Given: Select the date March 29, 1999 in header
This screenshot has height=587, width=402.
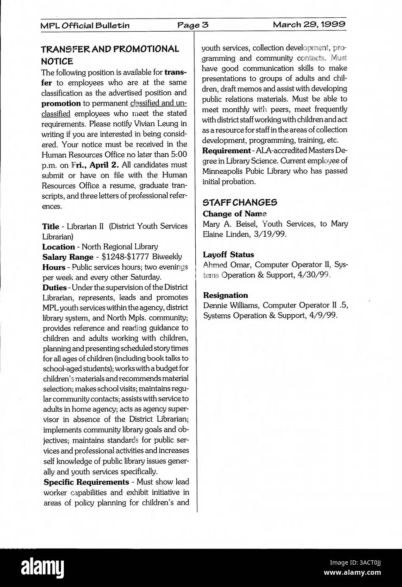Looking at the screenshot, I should pyautogui.click(x=309, y=24).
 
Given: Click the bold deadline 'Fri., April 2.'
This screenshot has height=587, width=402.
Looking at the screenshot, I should pyautogui.click(x=95, y=165).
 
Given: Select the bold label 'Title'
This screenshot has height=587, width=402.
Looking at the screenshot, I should pyautogui.click(x=50, y=226).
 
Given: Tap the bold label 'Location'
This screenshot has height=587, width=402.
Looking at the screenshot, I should pyautogui.click(x=58, y=247).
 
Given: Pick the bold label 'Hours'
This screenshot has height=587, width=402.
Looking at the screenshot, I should pyautogui.click(x=53, y=267).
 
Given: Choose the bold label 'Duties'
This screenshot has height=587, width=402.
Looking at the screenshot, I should pyautogui.click(x=55, y=288).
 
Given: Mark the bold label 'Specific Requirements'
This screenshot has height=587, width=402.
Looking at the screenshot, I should pyautogui.click(x=86, y=482).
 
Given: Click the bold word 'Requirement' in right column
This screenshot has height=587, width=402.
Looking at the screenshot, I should pyautogui.click(x=227, y=151).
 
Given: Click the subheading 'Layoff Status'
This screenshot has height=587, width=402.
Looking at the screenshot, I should pyautogui.click(x=228, y=255).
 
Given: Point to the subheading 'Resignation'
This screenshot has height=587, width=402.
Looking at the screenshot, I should pyautogui.click(x=225, y=295).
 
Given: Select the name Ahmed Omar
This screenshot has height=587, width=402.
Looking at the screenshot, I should pyautogui.click(x=227, y=265).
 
